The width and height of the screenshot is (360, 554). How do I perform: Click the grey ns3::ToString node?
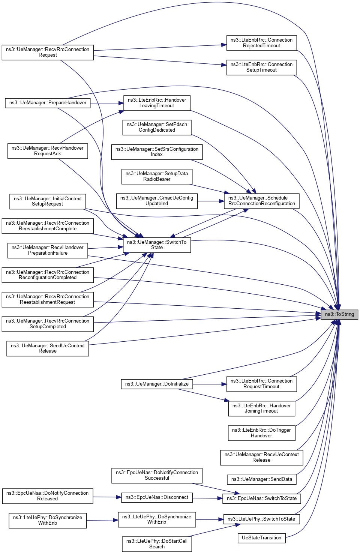coord(339,314)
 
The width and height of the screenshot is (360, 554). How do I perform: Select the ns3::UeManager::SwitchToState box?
coord(157,245)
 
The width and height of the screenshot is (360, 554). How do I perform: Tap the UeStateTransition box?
coord(261,538)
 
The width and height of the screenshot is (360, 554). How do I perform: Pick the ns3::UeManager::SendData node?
coord(261,479)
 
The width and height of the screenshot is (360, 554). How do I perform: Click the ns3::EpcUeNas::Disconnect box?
coord(157,497)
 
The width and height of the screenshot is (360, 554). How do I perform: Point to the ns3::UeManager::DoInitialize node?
coord(157,384)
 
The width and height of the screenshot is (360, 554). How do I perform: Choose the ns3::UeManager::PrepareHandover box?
coord(48,103)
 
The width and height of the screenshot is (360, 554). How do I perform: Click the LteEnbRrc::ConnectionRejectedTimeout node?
coord(261,43)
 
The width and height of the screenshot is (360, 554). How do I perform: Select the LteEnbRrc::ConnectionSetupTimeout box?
coord(261,67)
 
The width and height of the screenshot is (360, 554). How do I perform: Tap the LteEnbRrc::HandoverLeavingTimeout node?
coord(157,103)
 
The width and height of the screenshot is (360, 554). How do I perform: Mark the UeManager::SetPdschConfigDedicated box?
coord(157,127)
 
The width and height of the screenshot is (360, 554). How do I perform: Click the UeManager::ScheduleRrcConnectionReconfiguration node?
coord(261,201)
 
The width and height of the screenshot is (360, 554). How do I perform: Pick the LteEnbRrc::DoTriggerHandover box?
coord(261,433)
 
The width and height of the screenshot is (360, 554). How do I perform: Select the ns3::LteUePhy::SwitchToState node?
coord(261,519)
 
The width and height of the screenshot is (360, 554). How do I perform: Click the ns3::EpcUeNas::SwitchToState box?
coord(261,498)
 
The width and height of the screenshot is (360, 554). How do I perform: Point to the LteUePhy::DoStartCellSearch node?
coord(157,544)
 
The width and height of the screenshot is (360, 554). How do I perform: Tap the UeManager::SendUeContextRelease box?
coord(48,348)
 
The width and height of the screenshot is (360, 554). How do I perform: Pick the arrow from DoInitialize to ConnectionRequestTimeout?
coord(210,384)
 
